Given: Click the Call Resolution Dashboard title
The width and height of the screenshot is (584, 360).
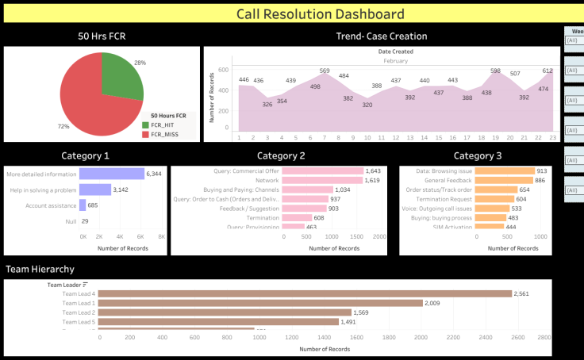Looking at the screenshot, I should [x=320, y=14].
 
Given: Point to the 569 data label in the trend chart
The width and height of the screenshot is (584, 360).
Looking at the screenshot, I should [x=325, y=71].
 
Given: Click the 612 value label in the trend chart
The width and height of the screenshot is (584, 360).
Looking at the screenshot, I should [x=547, y=71].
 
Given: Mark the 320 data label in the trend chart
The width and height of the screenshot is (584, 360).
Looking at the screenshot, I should [x=367, y=105].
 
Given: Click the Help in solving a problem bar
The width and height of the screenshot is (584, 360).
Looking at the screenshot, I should [x=94, y=190].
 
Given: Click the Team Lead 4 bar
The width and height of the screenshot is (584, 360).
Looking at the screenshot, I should [x=305, y=293].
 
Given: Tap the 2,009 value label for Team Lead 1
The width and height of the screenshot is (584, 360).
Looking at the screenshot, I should [x=432, y=303].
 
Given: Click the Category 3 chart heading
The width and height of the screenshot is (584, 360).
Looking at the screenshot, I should [x=477, y=156].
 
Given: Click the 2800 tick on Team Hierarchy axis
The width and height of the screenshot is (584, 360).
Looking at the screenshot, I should [x=544, y=338].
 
